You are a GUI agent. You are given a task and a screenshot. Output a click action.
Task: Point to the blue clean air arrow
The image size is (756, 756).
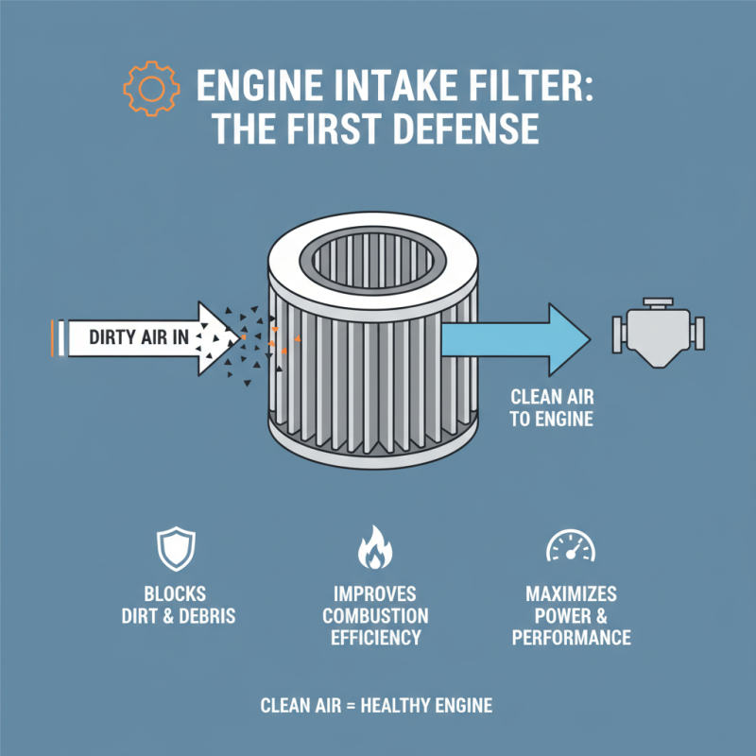pos(510,335)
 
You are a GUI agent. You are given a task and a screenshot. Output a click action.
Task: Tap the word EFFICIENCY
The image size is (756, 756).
pos(375,638)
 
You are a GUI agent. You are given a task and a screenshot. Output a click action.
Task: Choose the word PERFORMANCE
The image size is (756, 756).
pos(571,638)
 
